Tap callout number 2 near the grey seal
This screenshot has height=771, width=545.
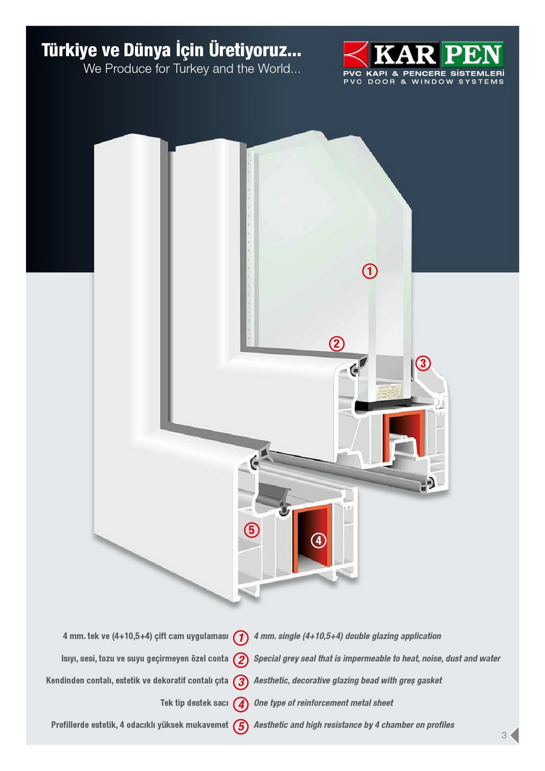(x=336, y=344)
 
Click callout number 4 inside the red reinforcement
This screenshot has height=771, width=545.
(x=319, y=540)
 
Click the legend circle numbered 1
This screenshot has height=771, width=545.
(x=241, y=637)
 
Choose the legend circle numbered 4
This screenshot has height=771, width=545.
(x=241, y=704)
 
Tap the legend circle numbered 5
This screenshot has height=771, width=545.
(x=241, y=726)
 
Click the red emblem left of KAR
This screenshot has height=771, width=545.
(x=356, y=55)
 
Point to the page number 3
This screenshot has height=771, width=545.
(x=504, y=736)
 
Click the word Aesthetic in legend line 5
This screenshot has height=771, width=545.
(x=272, y=725)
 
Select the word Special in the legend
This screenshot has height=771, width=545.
(x=268, y=658)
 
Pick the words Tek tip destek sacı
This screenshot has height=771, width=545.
(x=194, y=703)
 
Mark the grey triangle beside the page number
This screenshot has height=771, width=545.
(x=514, y=735)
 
